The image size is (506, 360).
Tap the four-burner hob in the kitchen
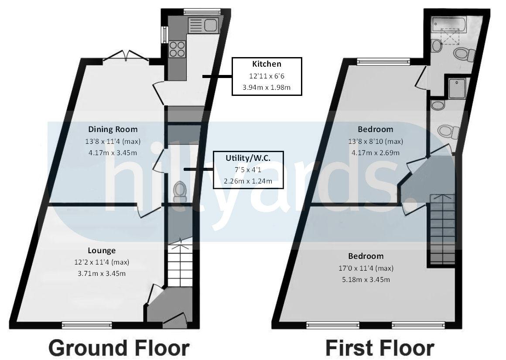click(178, 48)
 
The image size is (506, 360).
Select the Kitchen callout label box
click(267, 76)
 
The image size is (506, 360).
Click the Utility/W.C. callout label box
click(248, 170)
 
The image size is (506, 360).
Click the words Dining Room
click(113, 129)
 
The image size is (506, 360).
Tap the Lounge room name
click(102, 250)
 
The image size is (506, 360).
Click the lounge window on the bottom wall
click(87, 325)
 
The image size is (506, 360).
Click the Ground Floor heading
click(119, 348)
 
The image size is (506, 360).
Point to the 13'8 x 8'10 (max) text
click(375, 141)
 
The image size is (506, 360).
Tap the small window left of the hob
click(165, 35)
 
